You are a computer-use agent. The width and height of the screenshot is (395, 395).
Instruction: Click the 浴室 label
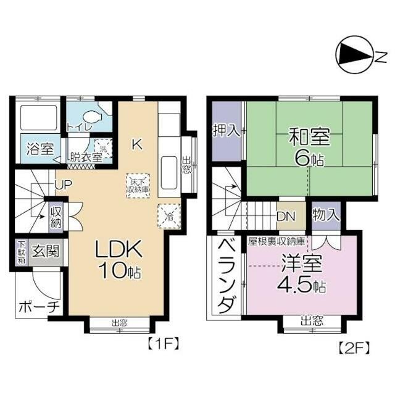point(39,149)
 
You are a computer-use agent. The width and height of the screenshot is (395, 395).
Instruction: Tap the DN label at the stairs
point(286,217)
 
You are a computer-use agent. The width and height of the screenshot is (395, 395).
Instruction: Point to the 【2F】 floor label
point(354,347)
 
